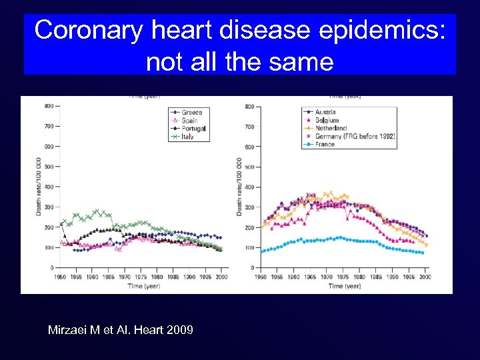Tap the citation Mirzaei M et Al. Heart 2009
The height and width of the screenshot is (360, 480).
121,329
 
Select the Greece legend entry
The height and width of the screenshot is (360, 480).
191,112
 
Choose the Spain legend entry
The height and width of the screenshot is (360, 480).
189,120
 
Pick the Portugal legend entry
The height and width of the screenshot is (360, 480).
193,128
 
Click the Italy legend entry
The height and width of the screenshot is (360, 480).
188,136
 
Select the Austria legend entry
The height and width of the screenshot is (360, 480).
325,112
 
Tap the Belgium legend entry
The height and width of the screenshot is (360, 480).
327,120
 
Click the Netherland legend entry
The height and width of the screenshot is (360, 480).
331,128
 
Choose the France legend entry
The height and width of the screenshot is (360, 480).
325,144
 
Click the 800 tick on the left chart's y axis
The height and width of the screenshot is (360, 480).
49,106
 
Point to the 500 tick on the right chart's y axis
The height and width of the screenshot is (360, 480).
249,167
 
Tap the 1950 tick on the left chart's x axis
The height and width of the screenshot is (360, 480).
61,276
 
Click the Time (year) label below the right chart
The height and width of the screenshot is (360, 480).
344,285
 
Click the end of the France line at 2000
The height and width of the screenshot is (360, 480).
423,253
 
